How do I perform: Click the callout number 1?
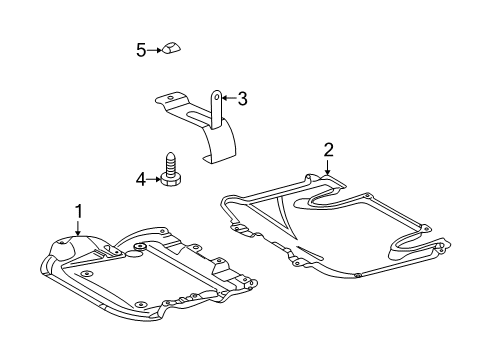(79, 211)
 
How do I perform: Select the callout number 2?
(328, 150)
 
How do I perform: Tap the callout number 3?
(242, 99)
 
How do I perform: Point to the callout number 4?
(141, 180)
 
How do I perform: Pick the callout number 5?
(141, 50)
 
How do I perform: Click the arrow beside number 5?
(154, 50)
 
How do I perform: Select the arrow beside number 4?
(154, 179)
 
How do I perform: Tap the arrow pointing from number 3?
(229, 98)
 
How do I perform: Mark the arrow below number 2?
(328, 167)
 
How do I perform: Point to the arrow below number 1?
(78, 228)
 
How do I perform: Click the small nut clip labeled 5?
(171, 48)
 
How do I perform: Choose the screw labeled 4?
(171, 169)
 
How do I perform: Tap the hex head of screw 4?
(171, 180)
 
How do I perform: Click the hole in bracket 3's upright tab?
(217, 97)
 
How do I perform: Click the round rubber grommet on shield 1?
(140, 247)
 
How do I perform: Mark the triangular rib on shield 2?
(274, 214)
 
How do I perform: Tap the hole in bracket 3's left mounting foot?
(170, 98)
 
